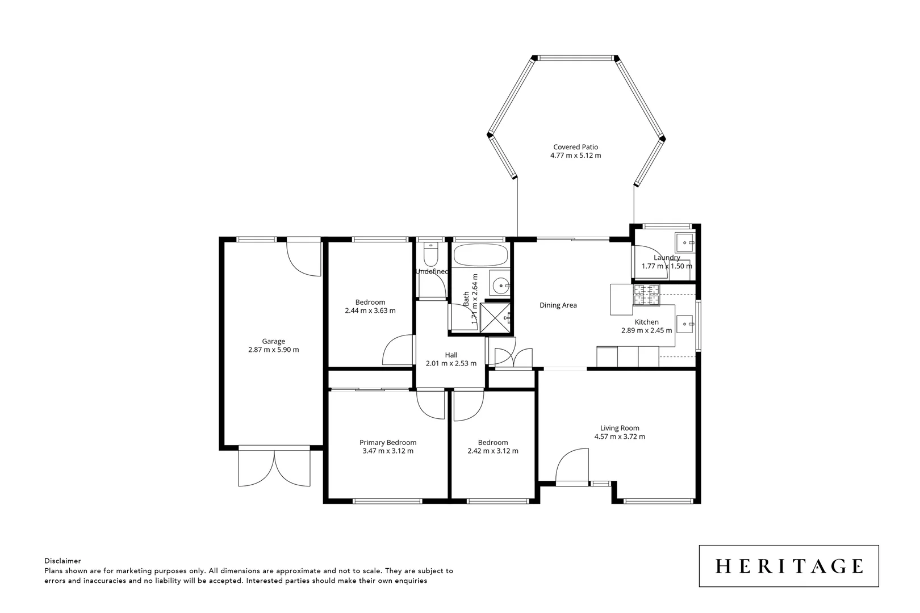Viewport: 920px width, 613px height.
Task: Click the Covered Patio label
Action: point(575,147)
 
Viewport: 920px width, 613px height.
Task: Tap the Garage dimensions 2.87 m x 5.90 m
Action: point(273,350)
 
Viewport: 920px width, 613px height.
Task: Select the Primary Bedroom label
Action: point(388,442)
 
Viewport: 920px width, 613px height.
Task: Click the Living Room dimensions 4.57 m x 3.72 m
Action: point(620,436)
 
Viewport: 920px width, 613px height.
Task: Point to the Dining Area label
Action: point(558,305)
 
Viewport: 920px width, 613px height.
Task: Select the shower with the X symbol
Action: point(494,317)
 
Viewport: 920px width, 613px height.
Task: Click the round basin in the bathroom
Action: point(500,286)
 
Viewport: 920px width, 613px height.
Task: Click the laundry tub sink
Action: point(684,243)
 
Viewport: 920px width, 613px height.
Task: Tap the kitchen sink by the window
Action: point(686,325)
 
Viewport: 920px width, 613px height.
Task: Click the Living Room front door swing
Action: point(571,465)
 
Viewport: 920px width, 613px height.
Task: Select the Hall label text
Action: point(451,355)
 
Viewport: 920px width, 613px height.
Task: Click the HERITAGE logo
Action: point(788,566)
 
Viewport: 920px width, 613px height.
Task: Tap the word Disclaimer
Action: point(62,561)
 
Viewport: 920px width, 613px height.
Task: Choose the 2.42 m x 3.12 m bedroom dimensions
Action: point(492,451)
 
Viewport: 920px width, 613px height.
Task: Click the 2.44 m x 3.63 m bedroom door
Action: point(398,351)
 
